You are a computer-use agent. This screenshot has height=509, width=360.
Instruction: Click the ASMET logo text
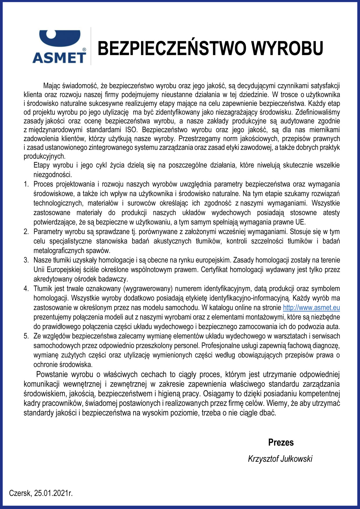(59, 58)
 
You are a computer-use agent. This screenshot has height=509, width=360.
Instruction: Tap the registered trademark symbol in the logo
(84, 50)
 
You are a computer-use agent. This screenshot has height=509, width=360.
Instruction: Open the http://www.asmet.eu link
(311, 308)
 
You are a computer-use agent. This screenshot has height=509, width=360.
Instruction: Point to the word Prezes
(281, 442)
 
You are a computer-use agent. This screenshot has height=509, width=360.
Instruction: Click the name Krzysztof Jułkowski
(280, 459)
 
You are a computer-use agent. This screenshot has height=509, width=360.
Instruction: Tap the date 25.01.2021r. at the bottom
(53, 493)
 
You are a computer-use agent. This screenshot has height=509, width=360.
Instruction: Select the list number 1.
(26, 184)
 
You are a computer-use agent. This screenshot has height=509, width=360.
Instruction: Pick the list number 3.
(26, 260)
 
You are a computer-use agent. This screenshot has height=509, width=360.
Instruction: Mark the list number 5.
(26, 336)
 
